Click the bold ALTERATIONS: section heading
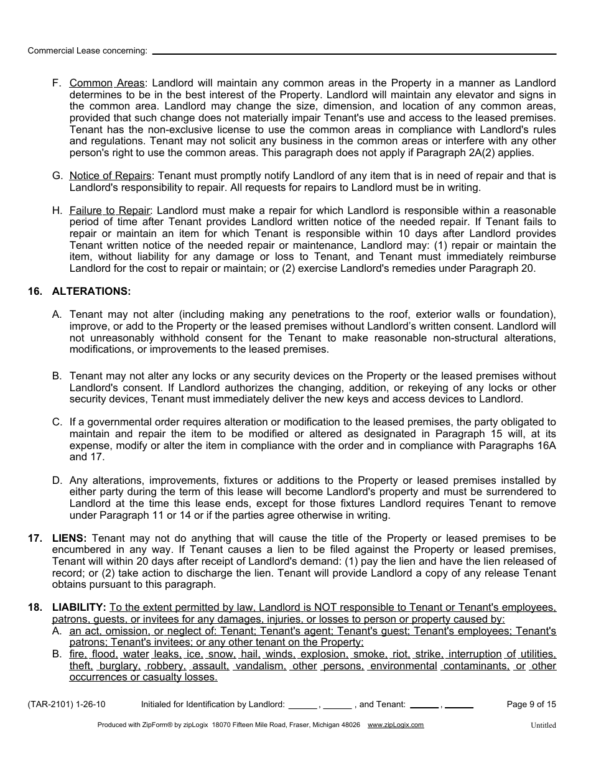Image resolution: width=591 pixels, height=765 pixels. [x=91, y=291]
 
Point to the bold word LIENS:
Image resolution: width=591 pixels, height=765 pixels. [x=69, y=539]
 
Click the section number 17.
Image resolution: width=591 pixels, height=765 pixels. [x=35, y=539]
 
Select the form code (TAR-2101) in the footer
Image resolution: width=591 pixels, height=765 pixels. [x=49, y=705]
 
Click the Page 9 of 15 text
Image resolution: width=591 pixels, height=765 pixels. [x=531, y=705]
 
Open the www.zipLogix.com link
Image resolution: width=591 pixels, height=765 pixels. [x=396, y=725]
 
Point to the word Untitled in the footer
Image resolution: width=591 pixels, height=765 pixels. [x=543, y=725]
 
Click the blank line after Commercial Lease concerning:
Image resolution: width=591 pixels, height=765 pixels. [x=354, y=53]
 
